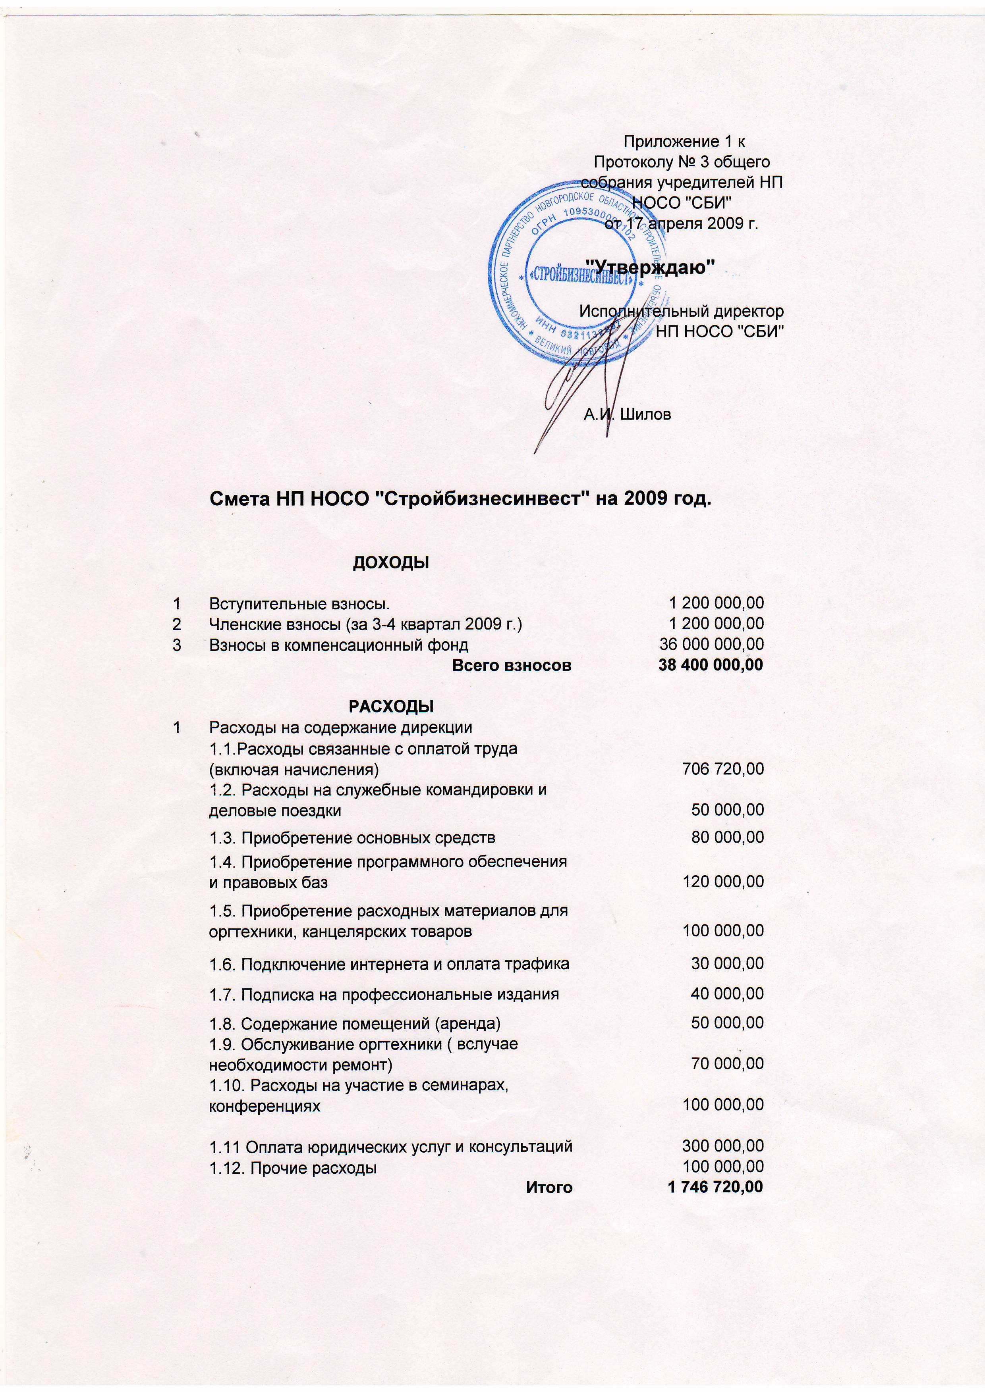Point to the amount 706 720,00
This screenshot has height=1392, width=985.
[722, 769]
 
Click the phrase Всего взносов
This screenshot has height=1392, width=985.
[511, 665]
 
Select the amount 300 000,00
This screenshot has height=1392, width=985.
[722, 1146]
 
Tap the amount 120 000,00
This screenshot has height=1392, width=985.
[722, 882]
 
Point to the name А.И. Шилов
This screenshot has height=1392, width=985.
[627, 415]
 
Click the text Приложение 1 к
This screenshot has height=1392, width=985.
[684, 142]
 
